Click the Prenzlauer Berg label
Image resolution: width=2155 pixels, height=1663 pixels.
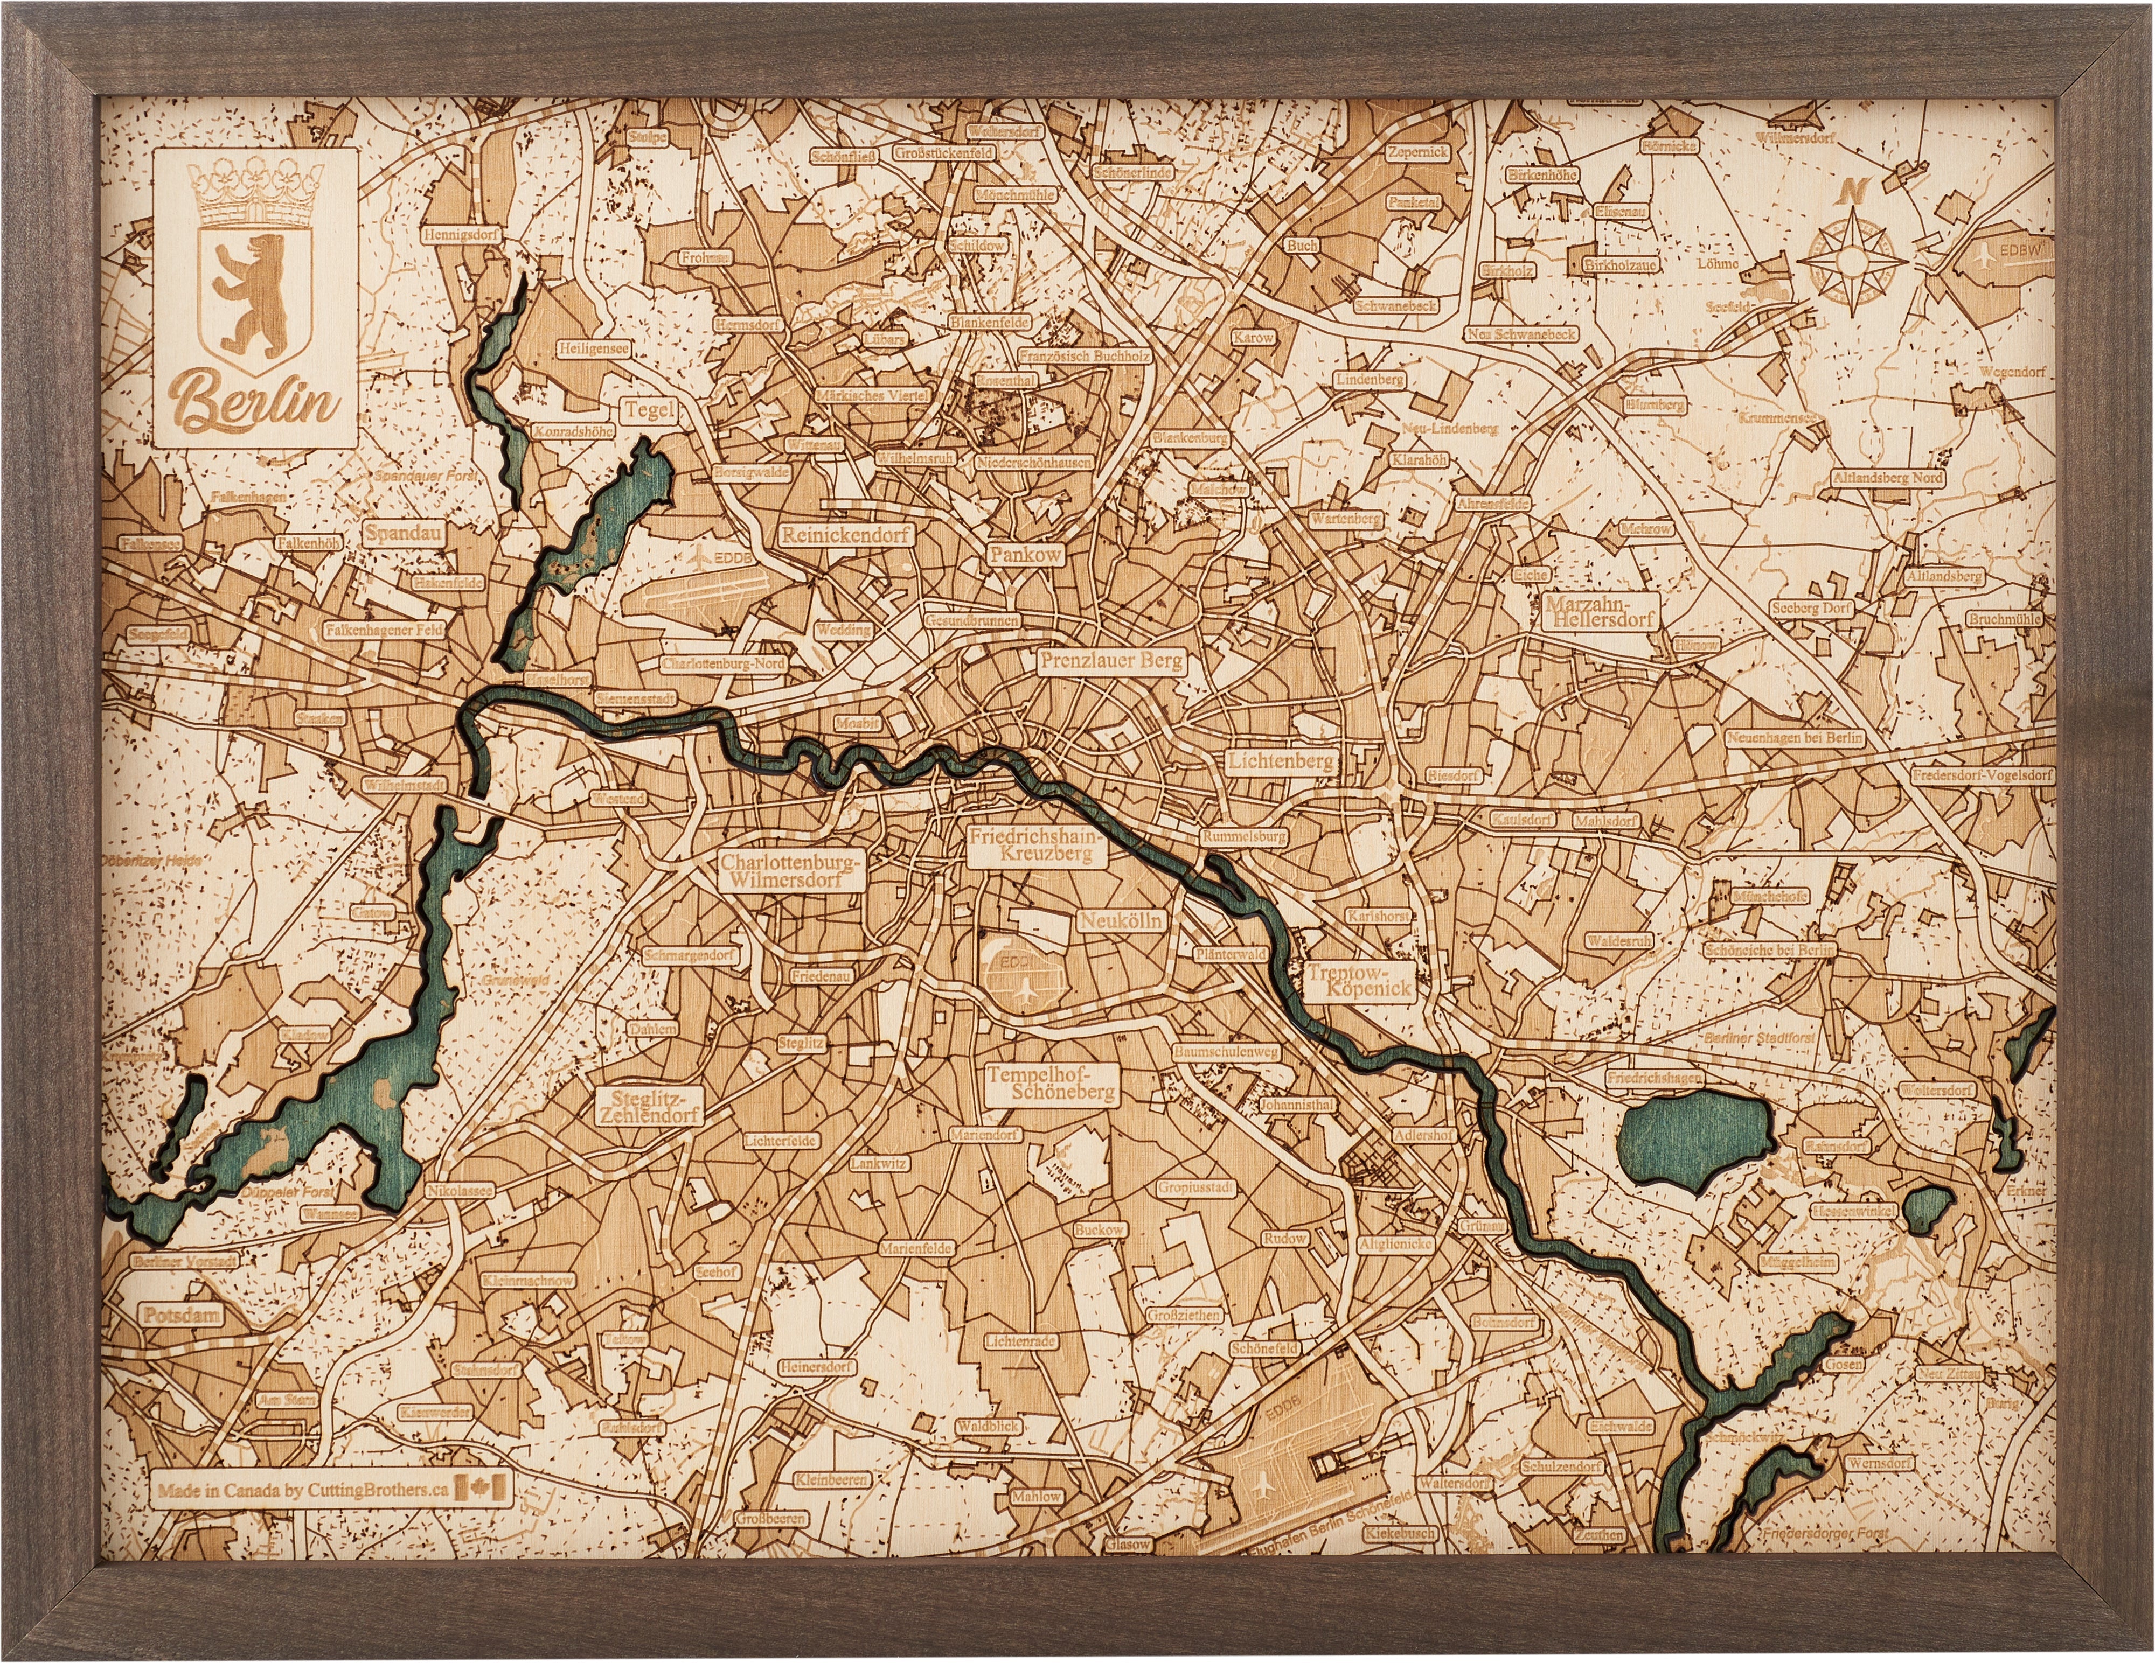pyautogui.click(x=1110, y=663)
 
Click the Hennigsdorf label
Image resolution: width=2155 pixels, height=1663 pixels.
pyautogui.click(x=461, y=237)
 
